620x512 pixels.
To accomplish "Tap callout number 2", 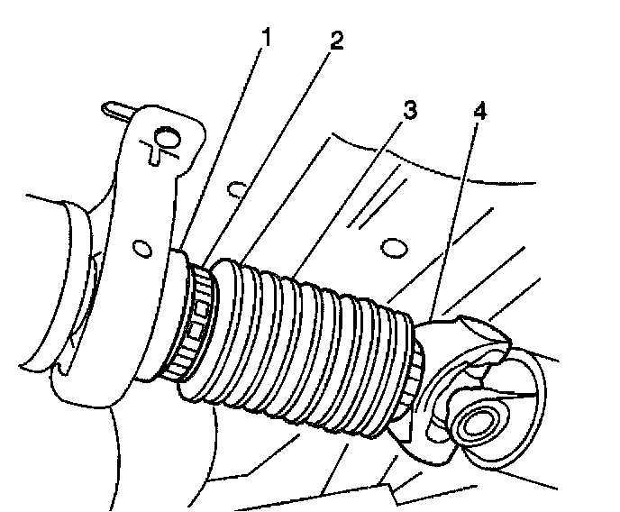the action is [x=336, y=41].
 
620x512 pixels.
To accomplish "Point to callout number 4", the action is [x=480, y=112].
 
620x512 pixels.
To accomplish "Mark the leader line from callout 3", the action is [x=348, y=197].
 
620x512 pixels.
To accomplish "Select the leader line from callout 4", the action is [x=455, y=218].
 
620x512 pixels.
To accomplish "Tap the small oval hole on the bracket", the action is [x=141, y=249].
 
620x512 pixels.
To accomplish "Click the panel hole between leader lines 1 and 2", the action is [x=237, y=189].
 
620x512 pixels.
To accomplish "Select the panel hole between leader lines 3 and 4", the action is [x=394, y=248].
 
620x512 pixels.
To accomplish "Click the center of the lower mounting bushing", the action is [x=477, y=425].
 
